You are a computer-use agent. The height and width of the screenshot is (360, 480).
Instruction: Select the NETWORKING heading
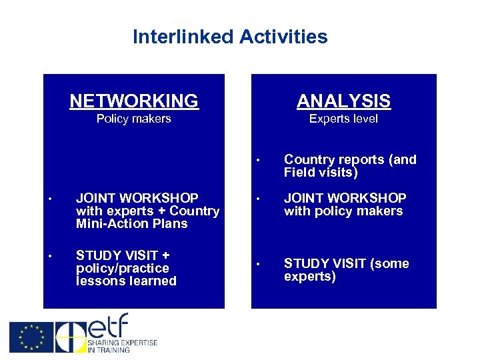[134, 101]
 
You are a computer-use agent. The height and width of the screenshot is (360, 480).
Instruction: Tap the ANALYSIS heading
[343, 101]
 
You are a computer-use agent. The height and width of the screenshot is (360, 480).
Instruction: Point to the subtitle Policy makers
[134, 119]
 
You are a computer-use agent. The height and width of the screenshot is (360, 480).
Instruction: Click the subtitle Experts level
[343, 119]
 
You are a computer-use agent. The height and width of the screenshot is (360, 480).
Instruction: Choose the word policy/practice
[123, 269]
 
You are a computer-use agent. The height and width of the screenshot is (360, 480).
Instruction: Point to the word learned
[153, 281]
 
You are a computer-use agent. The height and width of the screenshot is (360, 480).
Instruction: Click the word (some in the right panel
[388, 264]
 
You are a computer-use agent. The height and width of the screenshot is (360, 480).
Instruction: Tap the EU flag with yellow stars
[30, 337]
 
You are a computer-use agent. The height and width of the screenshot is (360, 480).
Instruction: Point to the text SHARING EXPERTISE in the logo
[123, 343]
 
